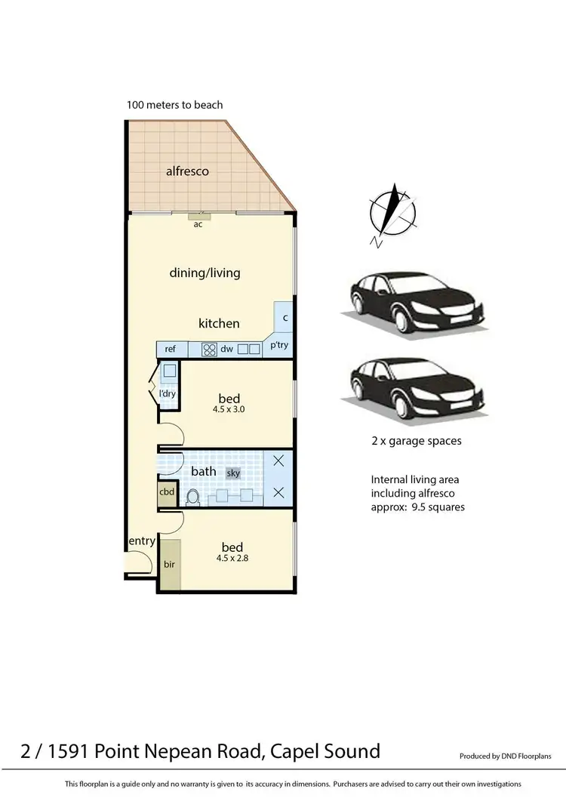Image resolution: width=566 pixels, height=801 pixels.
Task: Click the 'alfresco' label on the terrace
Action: coord(187,171)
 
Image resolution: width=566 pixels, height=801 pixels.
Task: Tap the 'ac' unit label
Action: coord(198,223)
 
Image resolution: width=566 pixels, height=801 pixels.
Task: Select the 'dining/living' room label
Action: coord(205,273)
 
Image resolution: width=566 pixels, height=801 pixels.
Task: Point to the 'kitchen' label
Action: coord(219,323)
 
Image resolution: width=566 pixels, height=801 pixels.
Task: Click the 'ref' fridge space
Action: coord(171,349)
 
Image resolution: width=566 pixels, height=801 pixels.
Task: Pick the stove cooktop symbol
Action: coord(208,350)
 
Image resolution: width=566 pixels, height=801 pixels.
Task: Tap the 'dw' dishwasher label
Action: coord(227,350)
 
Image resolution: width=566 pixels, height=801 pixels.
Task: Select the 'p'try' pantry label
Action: coord(279,346)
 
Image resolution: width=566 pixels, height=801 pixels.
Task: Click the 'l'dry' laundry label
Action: coord(167,395)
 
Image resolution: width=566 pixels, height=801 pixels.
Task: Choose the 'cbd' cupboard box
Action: coord(167,492)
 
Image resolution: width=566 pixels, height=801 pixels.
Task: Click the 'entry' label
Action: coord(142,541)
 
